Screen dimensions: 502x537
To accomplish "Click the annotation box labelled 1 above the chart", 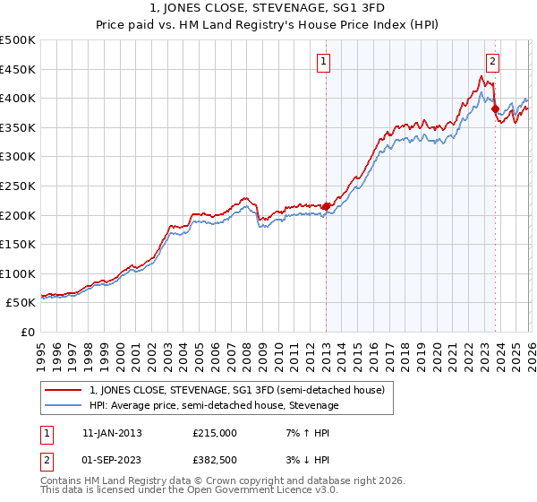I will point(322,62).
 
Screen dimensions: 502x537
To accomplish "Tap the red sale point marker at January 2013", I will point(326,206).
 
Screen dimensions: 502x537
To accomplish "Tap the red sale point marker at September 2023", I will point(495,108).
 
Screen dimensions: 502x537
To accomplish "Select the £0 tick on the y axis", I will point(27,332).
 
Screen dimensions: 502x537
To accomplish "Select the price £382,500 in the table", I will point(214,459).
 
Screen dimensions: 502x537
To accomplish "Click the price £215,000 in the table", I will point(214,433).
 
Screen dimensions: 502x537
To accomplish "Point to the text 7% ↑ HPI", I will point(300,433).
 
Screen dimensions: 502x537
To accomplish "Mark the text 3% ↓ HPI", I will point(300,459).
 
